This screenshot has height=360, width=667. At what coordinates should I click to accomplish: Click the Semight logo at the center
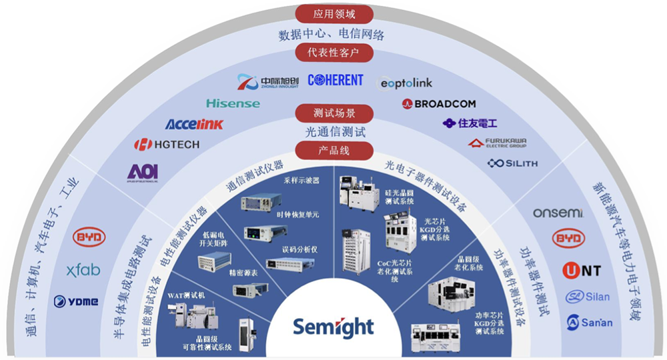[333, 327]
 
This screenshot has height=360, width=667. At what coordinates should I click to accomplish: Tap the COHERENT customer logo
[336, 81]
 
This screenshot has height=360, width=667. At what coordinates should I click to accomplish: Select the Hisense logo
[233, 103]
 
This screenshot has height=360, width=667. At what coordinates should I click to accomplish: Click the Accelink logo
[194, 124]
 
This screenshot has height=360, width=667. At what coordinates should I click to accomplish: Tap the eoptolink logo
[406, 83]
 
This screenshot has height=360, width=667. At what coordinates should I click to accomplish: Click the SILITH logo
[512, 163]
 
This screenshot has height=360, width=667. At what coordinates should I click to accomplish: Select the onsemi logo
[558, 213]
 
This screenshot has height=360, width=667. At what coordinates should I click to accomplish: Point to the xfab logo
[83, 270]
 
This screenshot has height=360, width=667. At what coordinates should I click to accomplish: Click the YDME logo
[76, 301]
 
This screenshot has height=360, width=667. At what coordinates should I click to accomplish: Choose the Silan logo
[588, 297]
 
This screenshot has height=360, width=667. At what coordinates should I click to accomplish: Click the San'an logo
[589, 323]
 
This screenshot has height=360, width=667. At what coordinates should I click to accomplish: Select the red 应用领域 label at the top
[334, 13]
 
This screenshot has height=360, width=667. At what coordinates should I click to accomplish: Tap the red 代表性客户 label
[334, 53]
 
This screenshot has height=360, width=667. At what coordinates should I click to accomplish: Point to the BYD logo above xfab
[88, 238]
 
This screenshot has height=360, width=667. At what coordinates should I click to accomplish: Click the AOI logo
[143, 172]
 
